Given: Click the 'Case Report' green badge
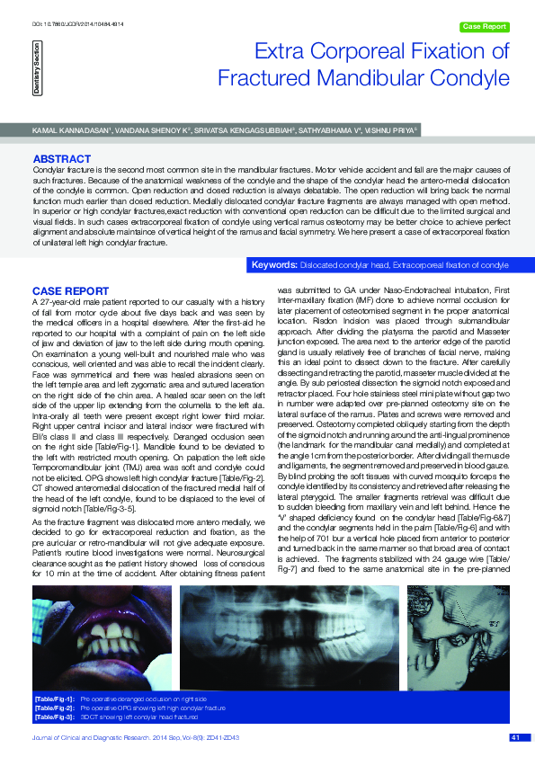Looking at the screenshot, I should tap(484, 27).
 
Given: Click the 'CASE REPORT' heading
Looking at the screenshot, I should tap(71, 291).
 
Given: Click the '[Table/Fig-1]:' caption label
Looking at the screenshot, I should tap(54, 698).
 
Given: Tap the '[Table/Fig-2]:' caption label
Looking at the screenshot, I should tap(54, 708).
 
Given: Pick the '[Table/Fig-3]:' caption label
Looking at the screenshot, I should tap(54, 717).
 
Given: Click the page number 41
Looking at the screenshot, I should tap(515, 738).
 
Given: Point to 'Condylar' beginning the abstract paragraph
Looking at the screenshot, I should tap(49, 169).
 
